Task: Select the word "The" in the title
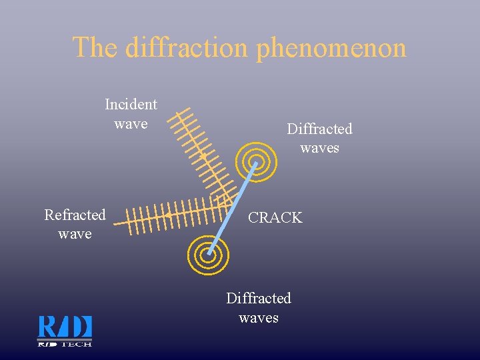(96, 47)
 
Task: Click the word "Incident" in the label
(131, 105)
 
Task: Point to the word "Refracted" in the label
(75, 215)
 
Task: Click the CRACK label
(275, 217)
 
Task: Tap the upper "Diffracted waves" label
(319, 138)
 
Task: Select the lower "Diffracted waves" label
(259, 307)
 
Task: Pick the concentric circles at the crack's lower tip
(209, 254)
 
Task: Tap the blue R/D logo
(65, 327)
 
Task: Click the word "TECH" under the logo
(77, 344)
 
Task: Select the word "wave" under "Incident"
(131, 124)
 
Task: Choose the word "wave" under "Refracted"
(75, 234)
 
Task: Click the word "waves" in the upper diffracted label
(319, 147)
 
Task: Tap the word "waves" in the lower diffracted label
(259, 317)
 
